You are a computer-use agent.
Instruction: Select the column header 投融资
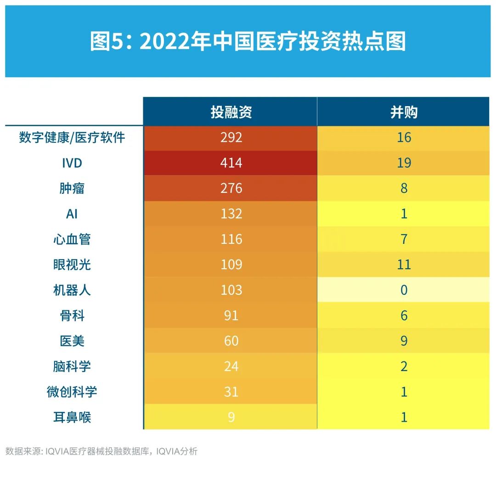(231, 112)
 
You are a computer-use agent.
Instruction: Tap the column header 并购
(404, 112)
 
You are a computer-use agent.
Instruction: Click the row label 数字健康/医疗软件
(72, 137)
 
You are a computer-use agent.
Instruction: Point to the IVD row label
(72, 163)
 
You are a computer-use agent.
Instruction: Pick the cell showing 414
(231, 163)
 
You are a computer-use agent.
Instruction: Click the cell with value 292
(231, 137)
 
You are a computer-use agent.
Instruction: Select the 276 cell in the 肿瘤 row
(231, 188)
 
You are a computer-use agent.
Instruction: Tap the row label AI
(72, 214)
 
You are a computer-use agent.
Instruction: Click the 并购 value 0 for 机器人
(404, 290)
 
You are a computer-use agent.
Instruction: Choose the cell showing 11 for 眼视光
(404, 265)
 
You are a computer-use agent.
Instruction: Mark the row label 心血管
(72, 239)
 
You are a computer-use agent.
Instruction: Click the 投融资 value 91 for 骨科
(231, 316)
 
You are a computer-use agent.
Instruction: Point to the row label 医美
(72, 341)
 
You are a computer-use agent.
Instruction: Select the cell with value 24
(231, 366)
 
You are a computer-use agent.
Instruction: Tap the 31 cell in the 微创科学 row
(231, 392)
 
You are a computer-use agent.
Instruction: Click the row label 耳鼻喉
(72, 417)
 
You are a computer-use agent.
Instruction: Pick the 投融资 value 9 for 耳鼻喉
(231, 417)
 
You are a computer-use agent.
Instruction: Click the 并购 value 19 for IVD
(404, 163)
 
